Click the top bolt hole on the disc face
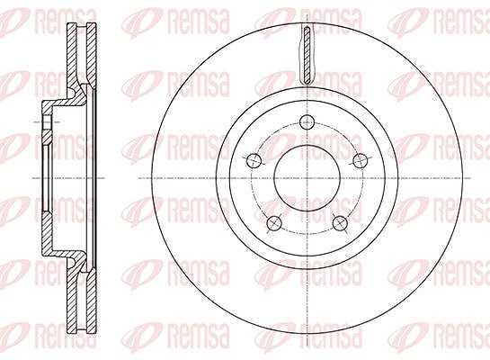307,122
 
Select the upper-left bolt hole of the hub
254,161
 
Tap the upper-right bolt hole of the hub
361,160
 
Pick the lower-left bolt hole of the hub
274,223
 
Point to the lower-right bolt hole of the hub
341,222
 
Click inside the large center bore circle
307,178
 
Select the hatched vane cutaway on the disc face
307,55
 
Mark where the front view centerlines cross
307,178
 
